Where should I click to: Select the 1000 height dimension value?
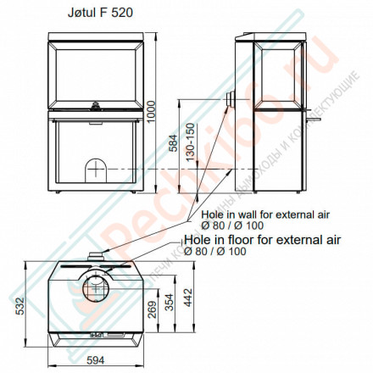coord(152,108)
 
